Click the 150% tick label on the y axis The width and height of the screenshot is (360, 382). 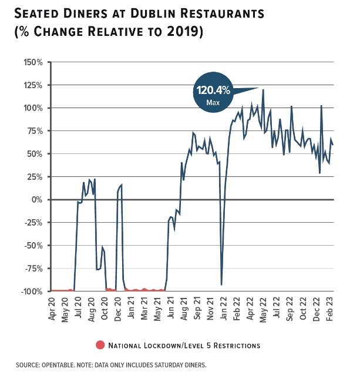(33, 62)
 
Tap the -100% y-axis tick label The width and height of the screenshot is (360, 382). (32, 291)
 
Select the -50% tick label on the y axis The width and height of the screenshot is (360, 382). (34, 246)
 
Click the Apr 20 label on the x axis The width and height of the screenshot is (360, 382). (52, 307)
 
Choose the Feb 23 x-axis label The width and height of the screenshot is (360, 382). (331, 307)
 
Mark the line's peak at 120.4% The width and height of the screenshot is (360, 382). (263, 89)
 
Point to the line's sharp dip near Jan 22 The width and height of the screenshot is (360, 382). (221, 284)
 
